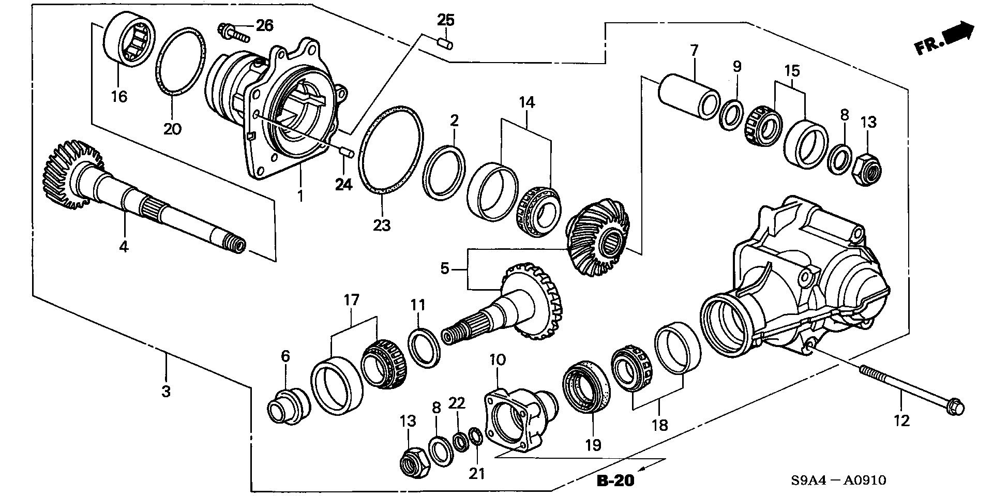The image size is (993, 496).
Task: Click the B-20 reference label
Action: pyautogui.click(x=615, y=480)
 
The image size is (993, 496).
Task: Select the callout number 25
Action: pyautogui.click(x=445, y=21)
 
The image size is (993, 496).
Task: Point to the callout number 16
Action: pyautogui.click(x=119, y=96)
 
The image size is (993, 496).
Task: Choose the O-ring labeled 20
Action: pyautogui.click(x=180, y=61)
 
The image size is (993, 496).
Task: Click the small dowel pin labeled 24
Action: pyautogui.click(x=347, y=153)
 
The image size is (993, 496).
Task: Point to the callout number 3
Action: pyautogui.click(x=165, y=391)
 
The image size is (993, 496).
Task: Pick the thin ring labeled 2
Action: pyautogui.click(x=443, y=173)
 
